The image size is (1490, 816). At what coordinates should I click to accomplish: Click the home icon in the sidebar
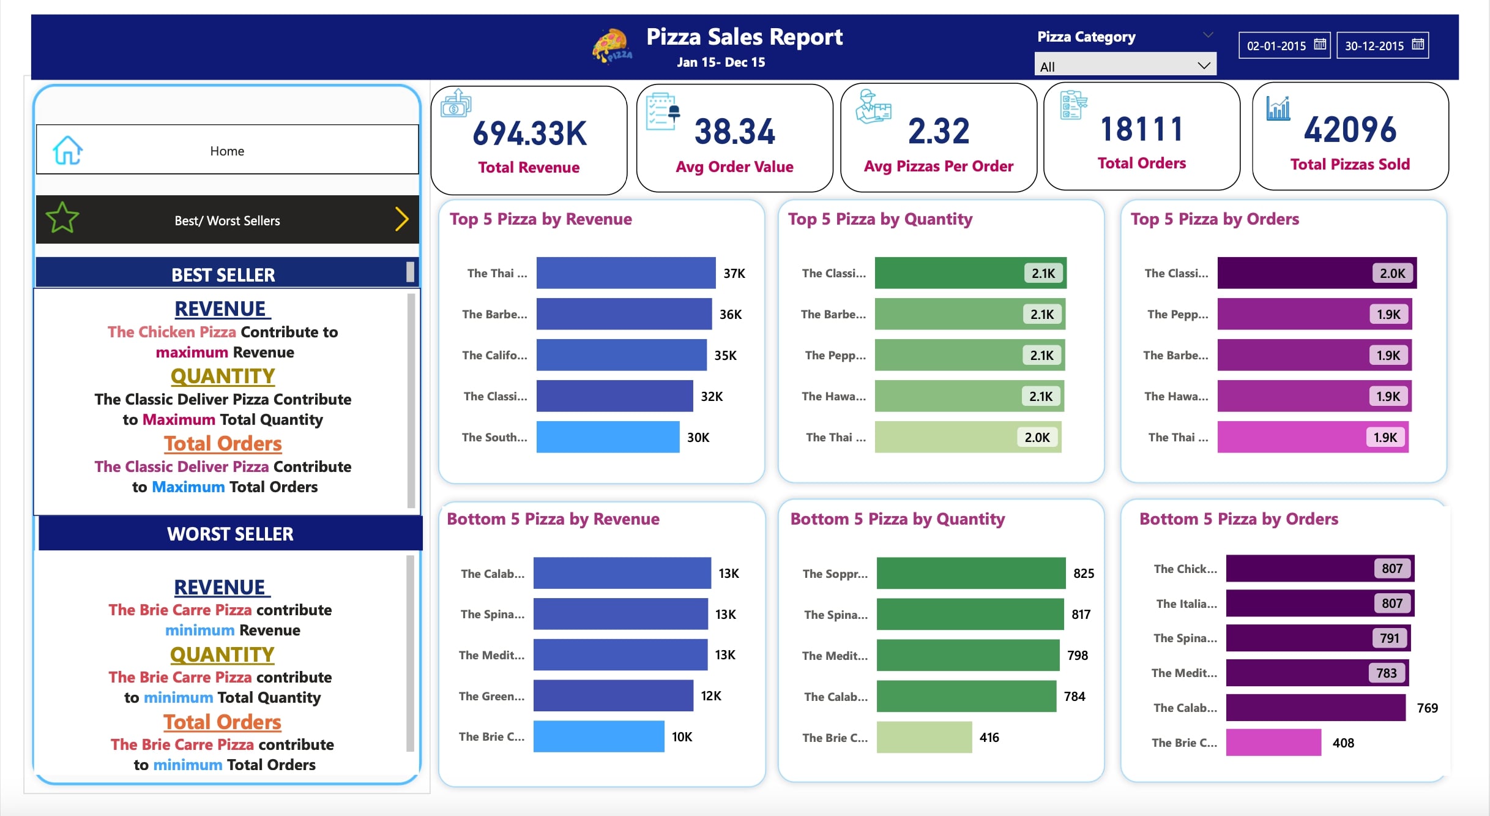67,151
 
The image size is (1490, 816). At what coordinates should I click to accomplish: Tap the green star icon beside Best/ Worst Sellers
62,219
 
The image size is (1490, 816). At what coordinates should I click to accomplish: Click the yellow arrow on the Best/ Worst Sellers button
401,219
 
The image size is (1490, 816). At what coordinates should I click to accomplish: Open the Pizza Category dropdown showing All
1125,66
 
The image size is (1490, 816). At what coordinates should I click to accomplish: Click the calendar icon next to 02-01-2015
1320,45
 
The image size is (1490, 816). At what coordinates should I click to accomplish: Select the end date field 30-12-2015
1374,46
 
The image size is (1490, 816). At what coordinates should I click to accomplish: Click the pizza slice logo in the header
612,45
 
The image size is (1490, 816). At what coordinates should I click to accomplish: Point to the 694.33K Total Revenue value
529,133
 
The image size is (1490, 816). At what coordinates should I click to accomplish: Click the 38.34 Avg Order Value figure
734,132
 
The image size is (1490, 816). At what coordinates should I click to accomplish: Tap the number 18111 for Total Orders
1141,129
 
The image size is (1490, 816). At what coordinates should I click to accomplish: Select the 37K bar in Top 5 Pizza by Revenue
625,273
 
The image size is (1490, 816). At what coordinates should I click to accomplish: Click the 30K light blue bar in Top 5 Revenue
608,437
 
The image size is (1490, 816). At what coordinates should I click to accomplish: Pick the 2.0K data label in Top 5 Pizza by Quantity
1037,437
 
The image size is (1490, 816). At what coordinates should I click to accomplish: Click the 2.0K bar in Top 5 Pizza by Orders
1317,273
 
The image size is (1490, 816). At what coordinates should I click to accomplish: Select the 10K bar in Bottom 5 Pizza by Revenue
598,736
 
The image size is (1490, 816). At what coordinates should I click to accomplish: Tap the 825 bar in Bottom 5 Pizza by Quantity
970,573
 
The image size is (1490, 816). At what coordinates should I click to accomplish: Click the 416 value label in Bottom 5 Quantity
989,738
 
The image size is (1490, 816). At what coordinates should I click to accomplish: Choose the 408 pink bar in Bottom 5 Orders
1273,743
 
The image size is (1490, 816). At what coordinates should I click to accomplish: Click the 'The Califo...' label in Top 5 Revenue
494,355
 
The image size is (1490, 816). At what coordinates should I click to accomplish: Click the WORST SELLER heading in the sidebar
230,534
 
